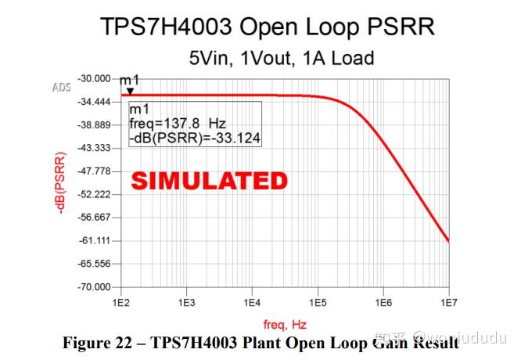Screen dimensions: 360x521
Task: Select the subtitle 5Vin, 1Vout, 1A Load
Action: tap(281, 58)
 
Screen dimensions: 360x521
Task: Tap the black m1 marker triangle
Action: tap(130, 91)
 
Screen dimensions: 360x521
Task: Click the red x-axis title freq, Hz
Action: tap(284, 323)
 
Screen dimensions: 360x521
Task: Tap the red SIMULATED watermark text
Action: tap(209, 181)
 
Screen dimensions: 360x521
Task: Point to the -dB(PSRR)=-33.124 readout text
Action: tap(195, 139)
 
